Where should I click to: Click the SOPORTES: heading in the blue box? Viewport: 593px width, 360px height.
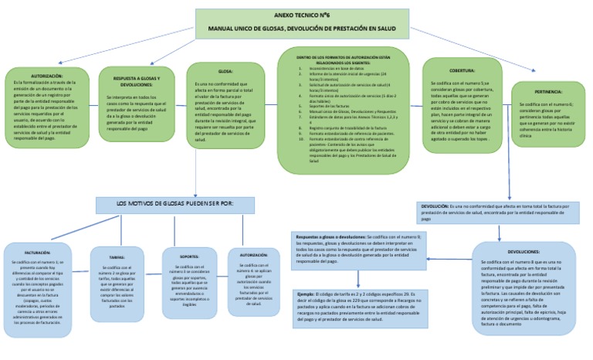point(189,256)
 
